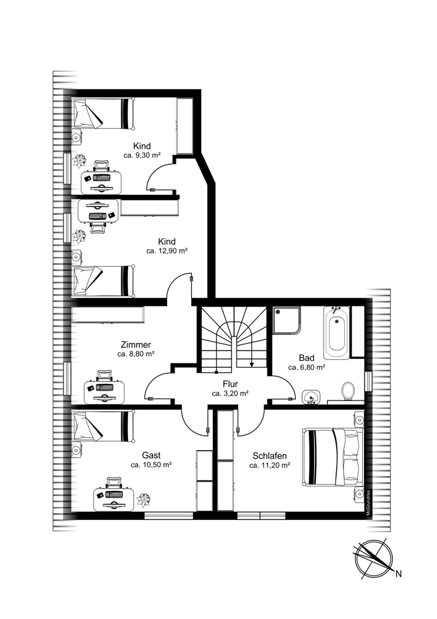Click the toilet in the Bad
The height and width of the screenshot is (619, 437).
[348, 391]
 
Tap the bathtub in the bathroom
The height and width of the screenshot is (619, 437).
[336, 333]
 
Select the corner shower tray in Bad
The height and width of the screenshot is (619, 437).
[287, 321]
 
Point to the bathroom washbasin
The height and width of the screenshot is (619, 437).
[311, 397]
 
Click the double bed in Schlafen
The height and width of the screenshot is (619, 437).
[333, 457]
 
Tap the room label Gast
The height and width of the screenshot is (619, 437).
[151, 456]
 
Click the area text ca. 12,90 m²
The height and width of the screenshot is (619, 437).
[167, 250]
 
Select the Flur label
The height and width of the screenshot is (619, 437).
[230, 384]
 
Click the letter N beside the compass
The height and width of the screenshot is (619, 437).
[399, 574]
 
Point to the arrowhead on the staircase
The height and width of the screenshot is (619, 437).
[251, 364]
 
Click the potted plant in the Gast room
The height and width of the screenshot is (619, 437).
[144, 500]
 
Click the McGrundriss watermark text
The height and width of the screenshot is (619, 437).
[368, 501]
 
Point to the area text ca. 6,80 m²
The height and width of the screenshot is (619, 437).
[307, 367]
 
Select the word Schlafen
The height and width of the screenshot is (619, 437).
[270, 456]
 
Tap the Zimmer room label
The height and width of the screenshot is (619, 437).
[136, 345]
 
